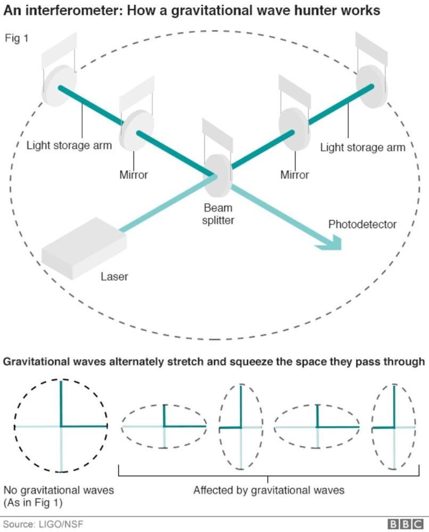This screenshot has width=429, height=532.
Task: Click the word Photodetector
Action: (x=362, y=224)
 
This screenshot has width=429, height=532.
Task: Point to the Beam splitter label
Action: (x=218, y=214)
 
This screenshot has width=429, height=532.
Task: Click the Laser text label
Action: (x=114, y=276)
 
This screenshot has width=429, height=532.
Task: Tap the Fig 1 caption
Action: (x=16, y=39)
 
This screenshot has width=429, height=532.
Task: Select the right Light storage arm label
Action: (x=362, y=147)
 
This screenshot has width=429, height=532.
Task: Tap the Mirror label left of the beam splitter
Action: (x=134, y=174)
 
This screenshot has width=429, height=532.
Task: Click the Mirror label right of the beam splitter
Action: (x=294, y=174)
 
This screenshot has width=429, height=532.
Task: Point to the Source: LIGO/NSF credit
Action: (x=44, y=525)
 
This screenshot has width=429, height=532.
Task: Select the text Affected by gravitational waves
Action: (x=269, y=490)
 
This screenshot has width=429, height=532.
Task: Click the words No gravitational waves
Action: (x=59, y=489)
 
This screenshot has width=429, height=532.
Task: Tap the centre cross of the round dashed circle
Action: (x=61, y=426)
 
